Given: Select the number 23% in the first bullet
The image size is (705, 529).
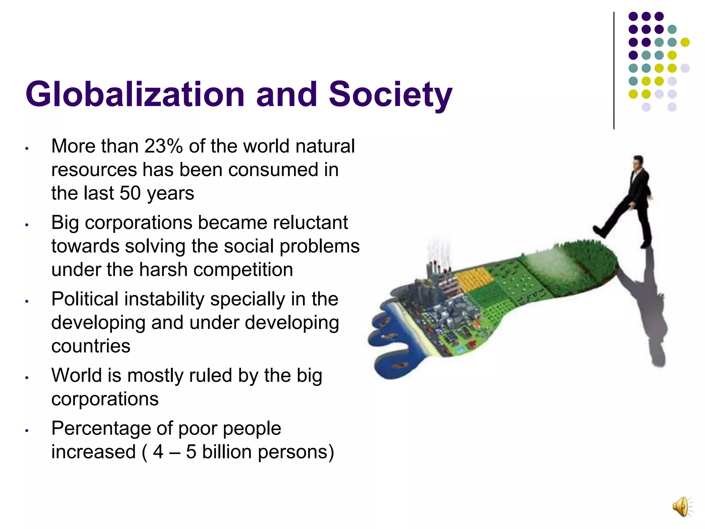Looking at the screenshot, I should point(164,146).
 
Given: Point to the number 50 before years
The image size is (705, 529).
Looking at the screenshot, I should point(130,193).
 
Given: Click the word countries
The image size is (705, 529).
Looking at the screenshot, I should point(91,346).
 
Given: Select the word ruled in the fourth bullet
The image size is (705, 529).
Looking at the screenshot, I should point(210,375).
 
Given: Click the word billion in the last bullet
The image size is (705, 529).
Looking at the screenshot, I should point(227,452).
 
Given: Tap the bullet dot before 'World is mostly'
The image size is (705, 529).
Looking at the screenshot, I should point(27,378).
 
